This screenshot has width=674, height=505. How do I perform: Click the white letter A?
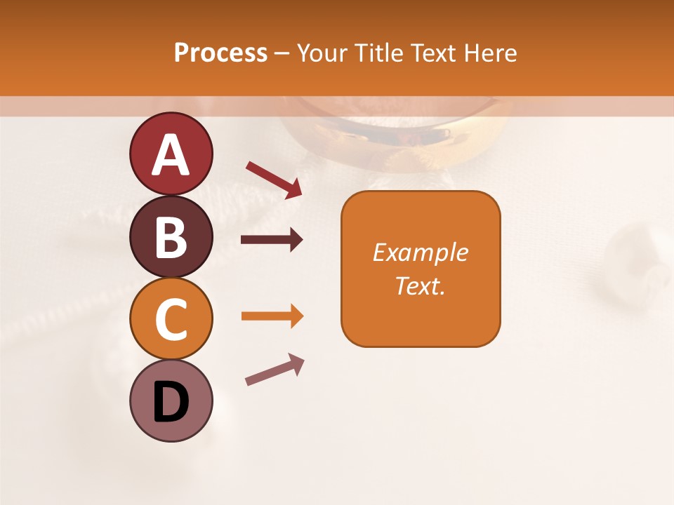pyautogui.click(x=171, y=154)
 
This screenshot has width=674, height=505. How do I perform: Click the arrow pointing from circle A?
pyautogui.click(x=274, y=179)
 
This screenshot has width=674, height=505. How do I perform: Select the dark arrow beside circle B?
pyautogui.click(x=272, y=240)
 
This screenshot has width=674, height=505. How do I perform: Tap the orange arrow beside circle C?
pyautogui.click(x=272, y=316)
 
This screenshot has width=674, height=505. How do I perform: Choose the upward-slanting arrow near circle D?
pyautogui.click(x=275, y=369)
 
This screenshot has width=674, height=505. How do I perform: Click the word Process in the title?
pyautogui.click(x=220, y=53)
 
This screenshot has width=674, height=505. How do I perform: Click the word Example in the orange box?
pyautogui.click(x=420, y=252)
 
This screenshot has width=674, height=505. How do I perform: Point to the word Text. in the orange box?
pyautogui.click(x=420, y=285)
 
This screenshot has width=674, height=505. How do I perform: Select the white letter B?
pyautogui.click(x=171, y=237)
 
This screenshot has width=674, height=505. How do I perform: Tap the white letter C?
pyautogui.click(x=171, y=319)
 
